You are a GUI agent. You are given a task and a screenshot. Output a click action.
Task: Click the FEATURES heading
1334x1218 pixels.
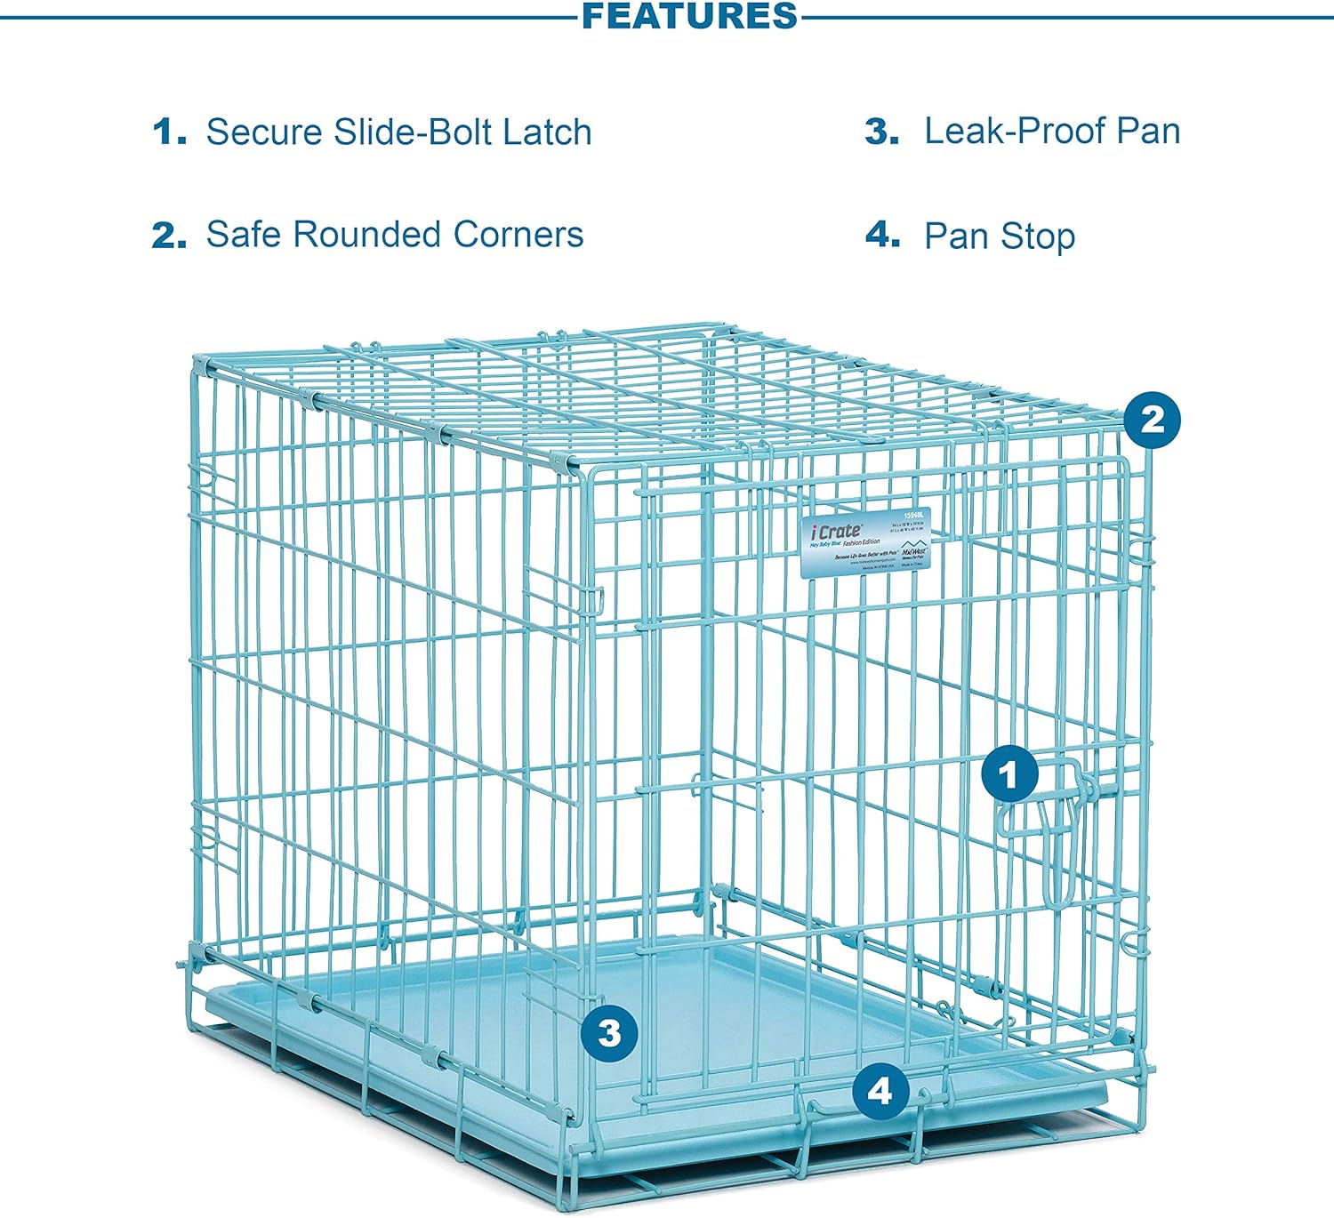pyautogui.click(x=689, y=16)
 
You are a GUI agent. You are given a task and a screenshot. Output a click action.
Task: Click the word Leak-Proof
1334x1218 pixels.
pyautogui.click(x=1014, y=132)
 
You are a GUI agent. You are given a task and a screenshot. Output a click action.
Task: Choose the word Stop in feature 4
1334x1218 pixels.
pyautogui.click(x=1038, y=236)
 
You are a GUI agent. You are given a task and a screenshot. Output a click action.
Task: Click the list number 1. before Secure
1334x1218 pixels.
pyautogui.click(x=169, y=132)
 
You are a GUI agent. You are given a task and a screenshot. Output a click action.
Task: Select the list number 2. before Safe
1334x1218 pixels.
pyautogui.click(x=169, y=236)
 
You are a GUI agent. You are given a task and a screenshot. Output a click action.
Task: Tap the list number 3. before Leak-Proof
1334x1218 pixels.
pyautogui.click(x=881, y=132)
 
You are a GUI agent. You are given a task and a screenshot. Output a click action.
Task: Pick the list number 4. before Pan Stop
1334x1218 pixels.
pyautogui.click(x=882, y=236)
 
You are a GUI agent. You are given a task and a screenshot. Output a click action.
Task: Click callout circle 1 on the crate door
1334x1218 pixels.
pyautogui.click(x=1009, y=775)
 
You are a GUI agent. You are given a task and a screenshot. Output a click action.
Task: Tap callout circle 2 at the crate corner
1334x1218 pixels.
pyautogui.click(x=1152, y=419)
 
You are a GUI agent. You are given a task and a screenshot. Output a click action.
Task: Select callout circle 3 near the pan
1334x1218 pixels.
pyautogui.click(x=609, y=1033)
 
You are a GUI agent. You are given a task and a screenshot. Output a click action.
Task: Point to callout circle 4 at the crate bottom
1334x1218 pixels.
pyautogui.click(x=880, y=1090)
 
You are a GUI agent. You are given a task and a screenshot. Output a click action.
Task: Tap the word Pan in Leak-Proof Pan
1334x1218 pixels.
pyautogui.click(x=1149, y=132)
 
